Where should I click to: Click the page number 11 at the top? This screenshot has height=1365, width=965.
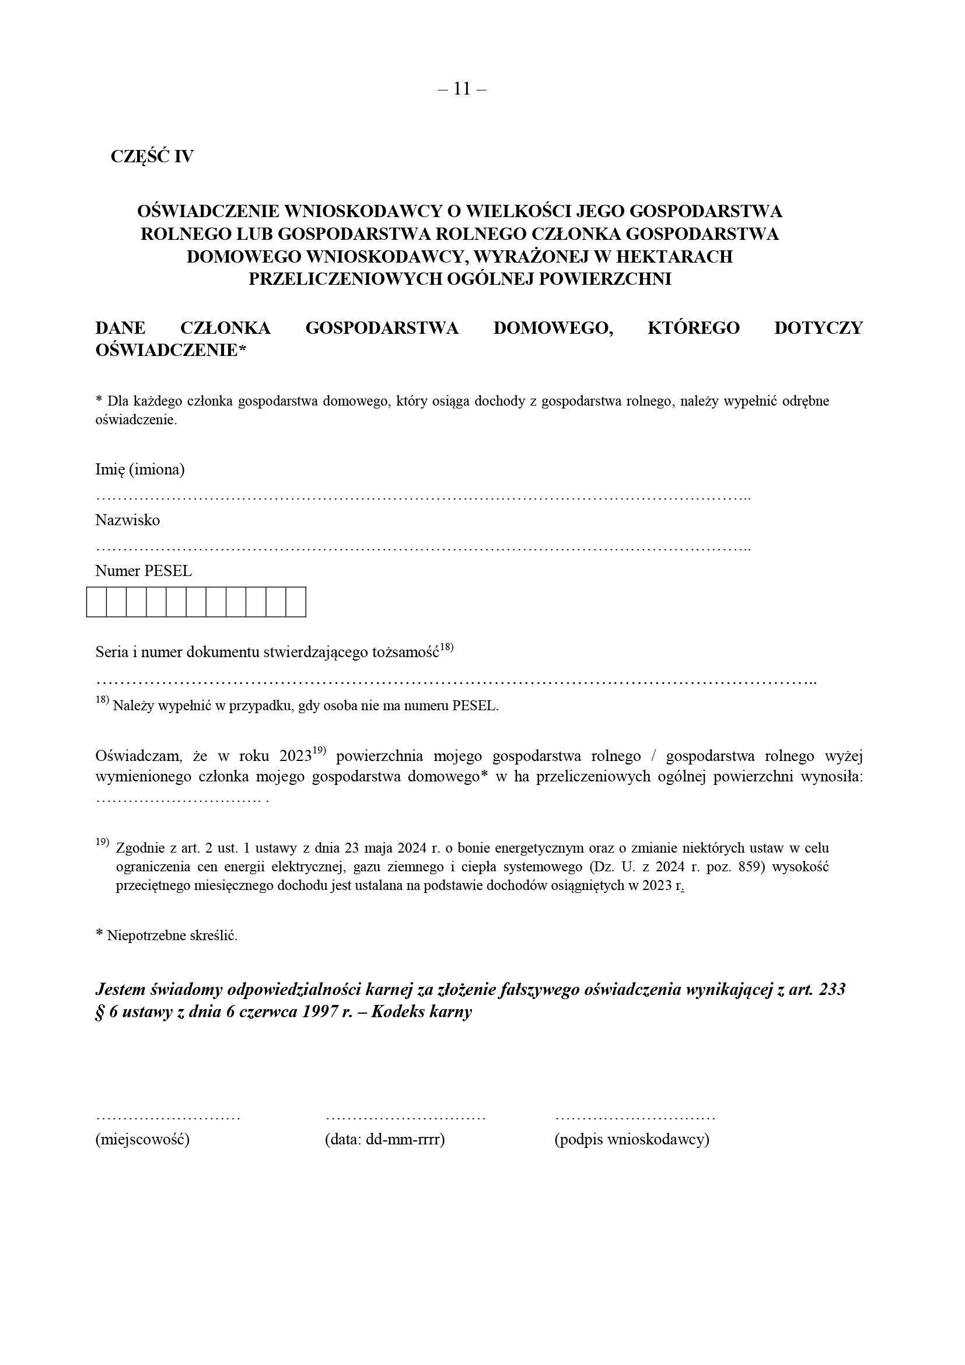(461, 89)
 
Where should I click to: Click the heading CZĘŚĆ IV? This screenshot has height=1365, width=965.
(152, 156)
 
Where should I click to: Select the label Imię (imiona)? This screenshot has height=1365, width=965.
(140, 470)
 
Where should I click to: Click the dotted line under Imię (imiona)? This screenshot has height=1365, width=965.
(422, 497)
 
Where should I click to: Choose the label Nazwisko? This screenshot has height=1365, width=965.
(127, 520)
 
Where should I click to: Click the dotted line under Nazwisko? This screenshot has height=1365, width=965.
(422, 547)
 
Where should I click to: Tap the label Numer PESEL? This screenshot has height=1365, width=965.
(143, 571)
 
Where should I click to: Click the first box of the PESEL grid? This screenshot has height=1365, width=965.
(96, 602)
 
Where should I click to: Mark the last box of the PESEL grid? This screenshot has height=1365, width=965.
(296, 602)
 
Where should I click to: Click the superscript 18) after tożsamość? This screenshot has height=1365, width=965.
(447, 647)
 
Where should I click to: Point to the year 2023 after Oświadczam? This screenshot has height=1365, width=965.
(295, 756)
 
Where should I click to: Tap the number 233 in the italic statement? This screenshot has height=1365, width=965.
(832, 990)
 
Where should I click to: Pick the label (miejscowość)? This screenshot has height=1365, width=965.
(142, 1139)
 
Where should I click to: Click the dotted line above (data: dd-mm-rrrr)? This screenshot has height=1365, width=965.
(406, 1117)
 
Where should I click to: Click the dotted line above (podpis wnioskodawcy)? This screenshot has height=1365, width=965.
(635, 1117)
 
